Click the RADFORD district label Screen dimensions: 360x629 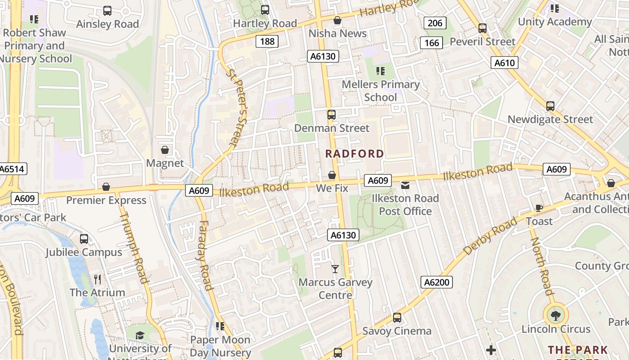tap(354, 154)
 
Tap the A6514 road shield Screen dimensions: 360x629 tap(13, 169)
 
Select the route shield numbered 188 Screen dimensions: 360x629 tap(267, 42)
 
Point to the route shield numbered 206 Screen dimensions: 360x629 tap(435, 23)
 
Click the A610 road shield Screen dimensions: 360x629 tap(504, 63)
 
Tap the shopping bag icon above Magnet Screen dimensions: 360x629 tap(165, 150)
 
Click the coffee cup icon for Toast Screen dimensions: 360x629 tap(539, 208)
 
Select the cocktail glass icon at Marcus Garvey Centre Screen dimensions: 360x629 tap(335, 269)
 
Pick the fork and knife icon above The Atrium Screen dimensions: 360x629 tap(97, 279)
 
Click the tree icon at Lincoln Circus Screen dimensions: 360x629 tap(556, 315)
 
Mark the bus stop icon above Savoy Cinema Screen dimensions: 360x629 tap(397, 318)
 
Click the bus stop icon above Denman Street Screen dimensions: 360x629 tap(332, 115)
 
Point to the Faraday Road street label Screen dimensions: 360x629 tap(204, 255)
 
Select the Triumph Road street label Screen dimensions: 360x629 tap(134, 247)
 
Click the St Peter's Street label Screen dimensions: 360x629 tap(237, 107)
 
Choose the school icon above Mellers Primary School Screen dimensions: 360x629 tap(381, 71)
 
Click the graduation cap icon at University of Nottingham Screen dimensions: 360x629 tap(140, 335)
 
